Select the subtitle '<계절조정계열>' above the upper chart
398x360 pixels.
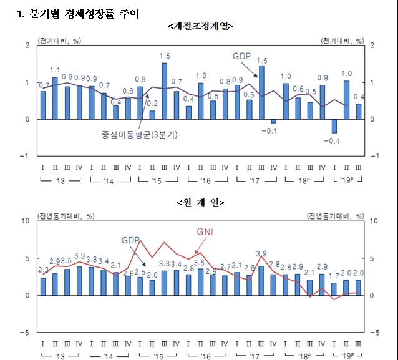tap(200, 26)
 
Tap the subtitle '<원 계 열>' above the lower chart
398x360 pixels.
tap(200, 203)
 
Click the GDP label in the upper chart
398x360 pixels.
tap(241, 56)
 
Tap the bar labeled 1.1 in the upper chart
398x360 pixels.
tap(55, 97)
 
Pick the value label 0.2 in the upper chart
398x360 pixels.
tap(152, 104)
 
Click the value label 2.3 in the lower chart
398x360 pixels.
tap(44, 270)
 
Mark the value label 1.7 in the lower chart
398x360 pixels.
tap(334, 275)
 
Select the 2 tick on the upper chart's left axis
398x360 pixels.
tap(27, 45)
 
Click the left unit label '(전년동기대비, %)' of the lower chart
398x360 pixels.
tap(66, 216)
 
